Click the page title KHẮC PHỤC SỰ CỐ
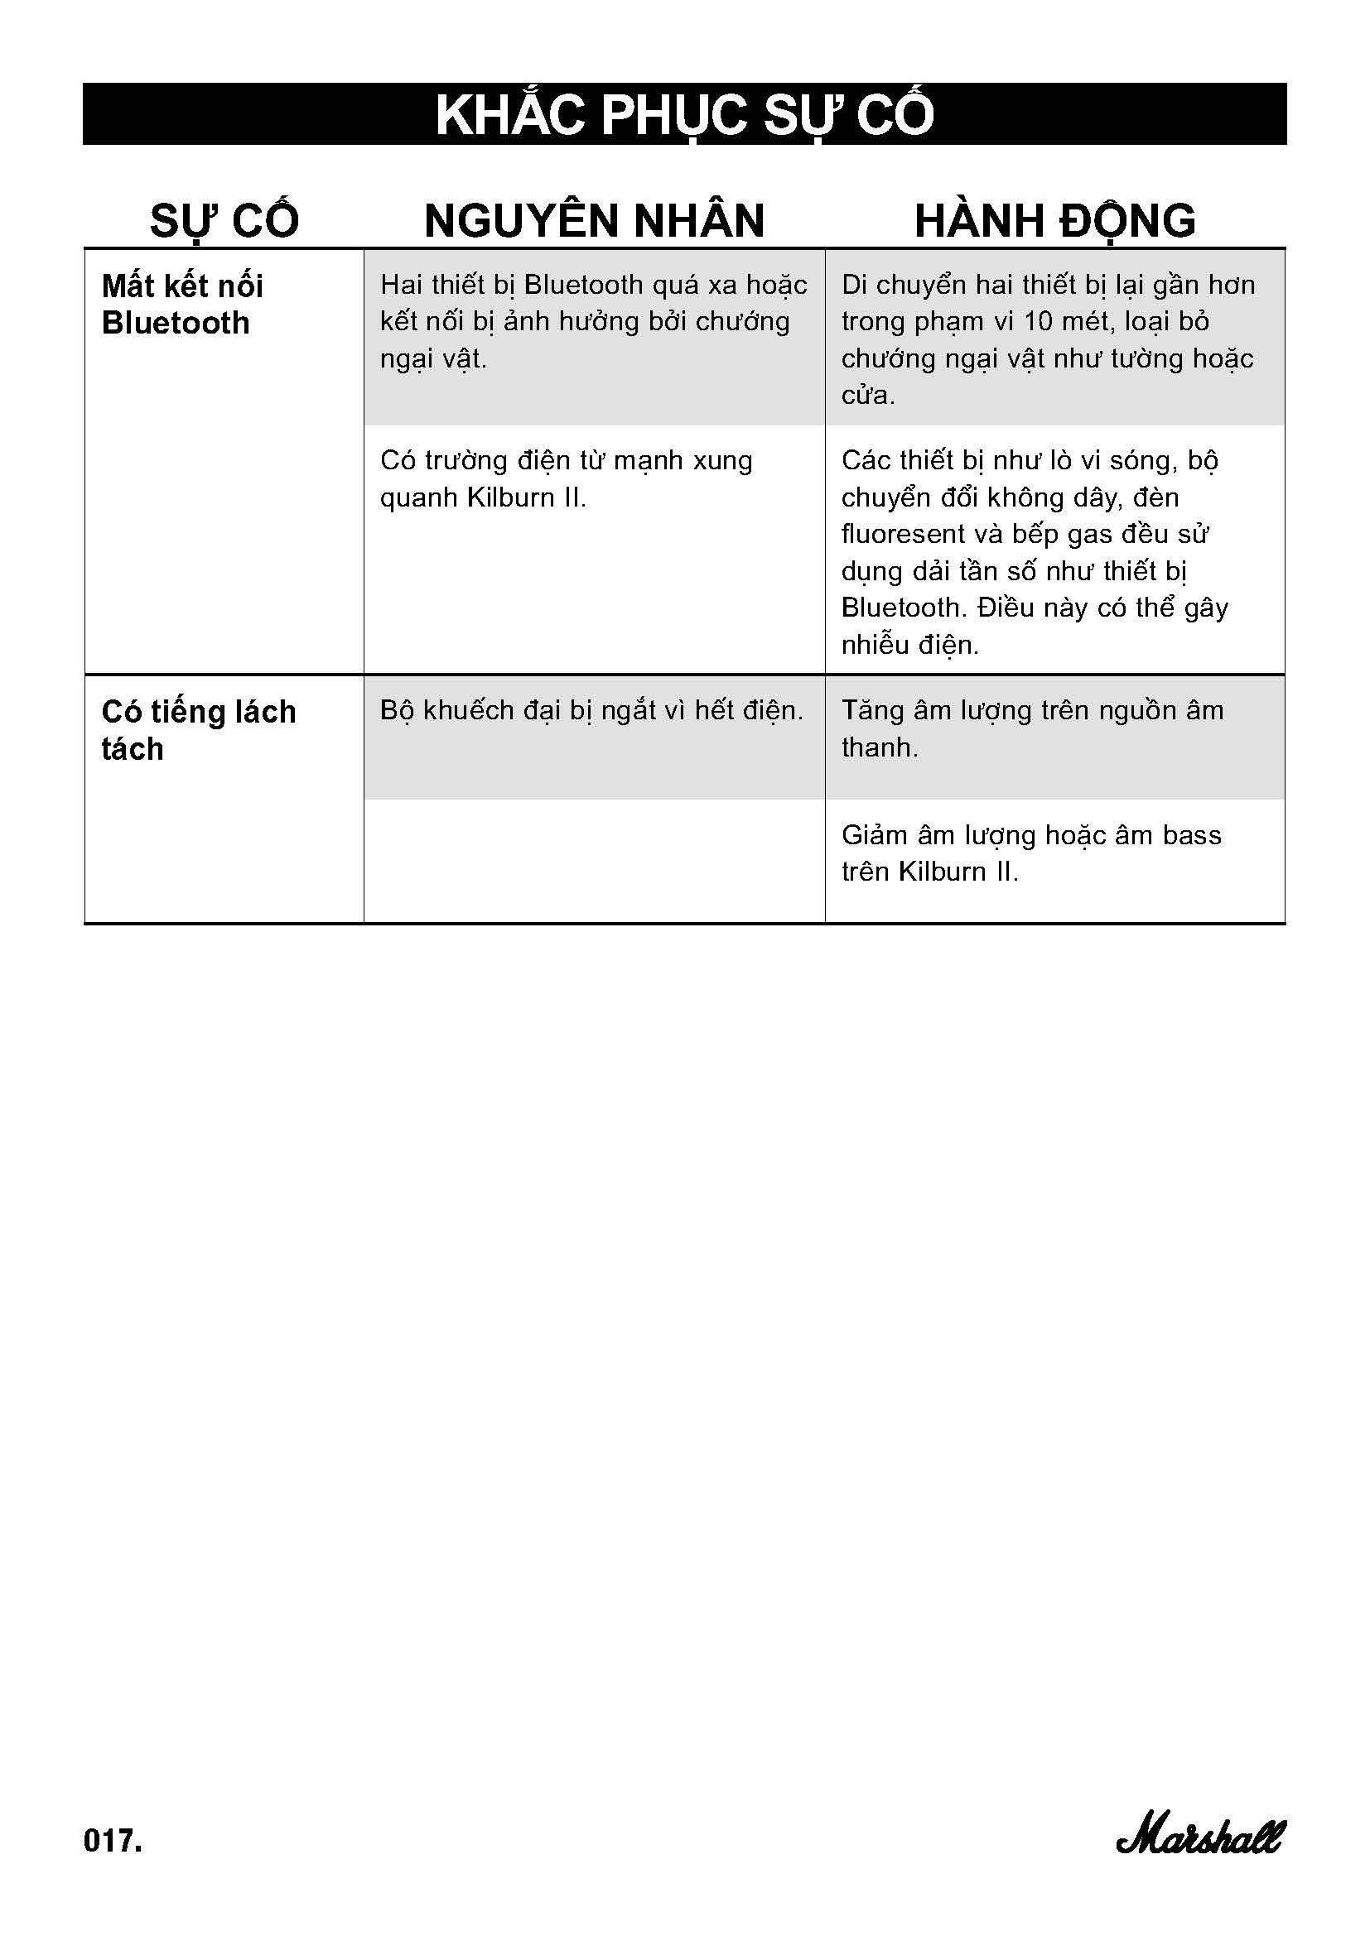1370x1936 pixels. click(684, 115)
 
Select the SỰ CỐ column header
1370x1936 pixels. click(224, 221)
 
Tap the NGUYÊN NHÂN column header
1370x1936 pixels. click(594, 221)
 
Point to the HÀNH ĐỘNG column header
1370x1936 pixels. click(1054, 221)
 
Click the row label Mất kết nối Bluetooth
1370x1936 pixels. click(182, 305)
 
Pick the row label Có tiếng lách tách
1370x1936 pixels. click(198, 729)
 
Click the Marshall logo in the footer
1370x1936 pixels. click(1199, 1837)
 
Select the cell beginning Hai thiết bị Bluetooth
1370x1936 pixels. click(593, 321)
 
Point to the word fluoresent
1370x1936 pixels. click(902, 534)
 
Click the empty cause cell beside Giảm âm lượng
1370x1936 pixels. click(594, 861)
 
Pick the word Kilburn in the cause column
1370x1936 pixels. click(510, 497)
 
